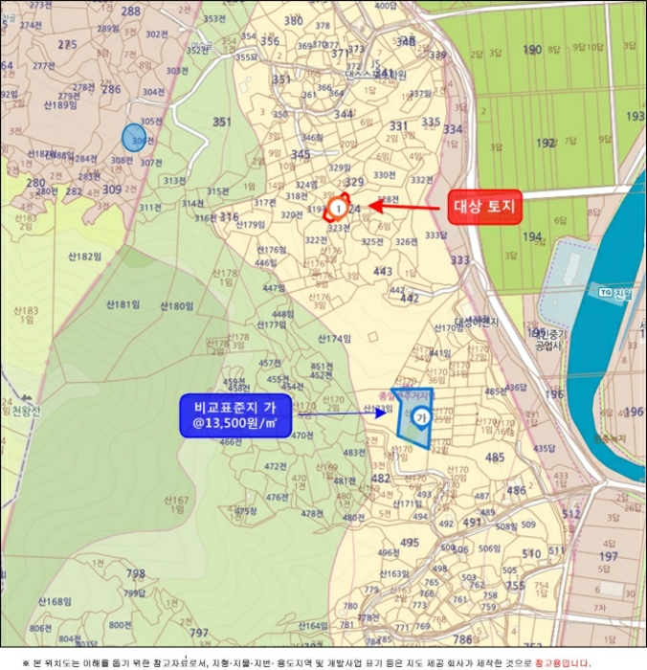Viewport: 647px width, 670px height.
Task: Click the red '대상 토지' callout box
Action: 484,206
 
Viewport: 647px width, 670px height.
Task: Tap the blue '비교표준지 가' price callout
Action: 235,416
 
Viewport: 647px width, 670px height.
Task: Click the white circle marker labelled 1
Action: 337,207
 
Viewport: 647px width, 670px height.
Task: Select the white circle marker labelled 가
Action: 419,416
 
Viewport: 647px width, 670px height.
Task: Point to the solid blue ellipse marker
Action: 136,138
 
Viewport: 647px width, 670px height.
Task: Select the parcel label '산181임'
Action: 124,304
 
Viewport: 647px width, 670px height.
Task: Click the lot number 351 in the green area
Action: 222,123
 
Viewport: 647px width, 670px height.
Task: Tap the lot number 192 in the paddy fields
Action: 547,143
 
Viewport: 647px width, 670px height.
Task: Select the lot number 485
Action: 495,458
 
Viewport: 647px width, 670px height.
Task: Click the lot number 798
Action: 136,574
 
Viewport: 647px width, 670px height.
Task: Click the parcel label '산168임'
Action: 55,601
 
